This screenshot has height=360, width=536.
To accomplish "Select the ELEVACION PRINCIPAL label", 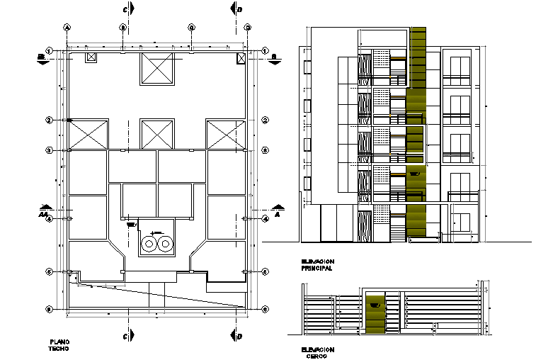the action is coord(317,266).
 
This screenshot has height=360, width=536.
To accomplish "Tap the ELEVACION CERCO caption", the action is coord(317,353).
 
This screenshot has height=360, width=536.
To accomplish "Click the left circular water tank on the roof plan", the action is coord(149,244).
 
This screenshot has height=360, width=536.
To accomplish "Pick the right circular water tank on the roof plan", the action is coord(166,244).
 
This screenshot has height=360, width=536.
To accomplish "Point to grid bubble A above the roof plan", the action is coord(67,28).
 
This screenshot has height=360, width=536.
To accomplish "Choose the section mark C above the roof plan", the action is coord(125,10).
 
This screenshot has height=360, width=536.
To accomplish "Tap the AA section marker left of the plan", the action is coord(44,213).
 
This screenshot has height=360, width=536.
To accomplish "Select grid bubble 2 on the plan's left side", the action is coord(50,120).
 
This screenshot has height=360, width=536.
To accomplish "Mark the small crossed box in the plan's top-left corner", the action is coord(90,57).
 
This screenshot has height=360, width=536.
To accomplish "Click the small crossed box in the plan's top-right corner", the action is coord(241,57).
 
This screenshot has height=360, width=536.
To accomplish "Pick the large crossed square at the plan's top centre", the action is coord(157,68).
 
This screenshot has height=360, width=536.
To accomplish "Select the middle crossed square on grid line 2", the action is coord(157,134).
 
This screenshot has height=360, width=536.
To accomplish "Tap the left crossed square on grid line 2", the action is coord(89,134).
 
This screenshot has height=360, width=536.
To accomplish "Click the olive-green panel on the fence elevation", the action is coord(375,312).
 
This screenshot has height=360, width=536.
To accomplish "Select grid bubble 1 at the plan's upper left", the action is coord(50,51).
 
